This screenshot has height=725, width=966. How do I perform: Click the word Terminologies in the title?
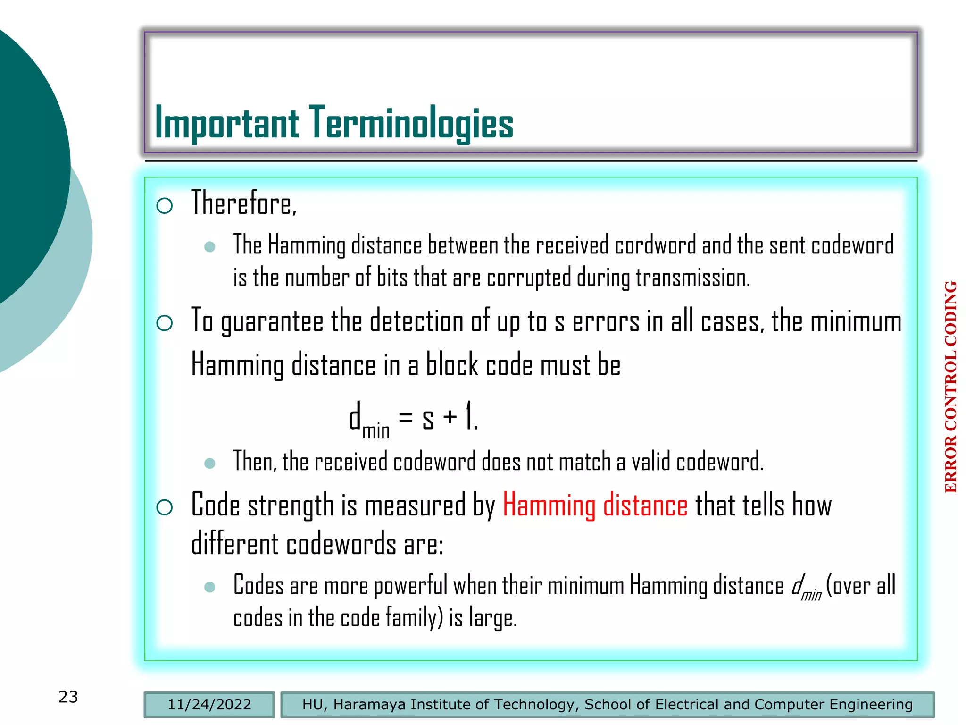[x=411, y=123]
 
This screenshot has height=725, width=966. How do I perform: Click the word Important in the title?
[x=226, y=123]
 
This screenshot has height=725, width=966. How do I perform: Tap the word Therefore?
[x=243, y=203]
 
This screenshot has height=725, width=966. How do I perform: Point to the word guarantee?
[x=272, y=322]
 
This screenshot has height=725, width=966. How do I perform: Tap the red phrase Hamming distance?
[x=595, y=506]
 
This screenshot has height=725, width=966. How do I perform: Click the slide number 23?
[x=68, y=697]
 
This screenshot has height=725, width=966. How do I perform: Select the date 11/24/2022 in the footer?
[x=209, y=704]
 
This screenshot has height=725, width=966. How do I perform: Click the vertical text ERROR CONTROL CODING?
[x=950, y=387]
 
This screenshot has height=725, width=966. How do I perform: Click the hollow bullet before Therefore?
[x=165, y=206]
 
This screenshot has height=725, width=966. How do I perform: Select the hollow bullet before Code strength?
[x=165, y=507]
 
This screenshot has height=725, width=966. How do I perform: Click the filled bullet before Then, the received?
[x=210, y=463]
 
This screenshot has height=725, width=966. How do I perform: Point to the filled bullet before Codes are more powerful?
[x=210, y=587]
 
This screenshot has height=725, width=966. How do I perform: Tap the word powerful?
[x=410, y=586]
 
